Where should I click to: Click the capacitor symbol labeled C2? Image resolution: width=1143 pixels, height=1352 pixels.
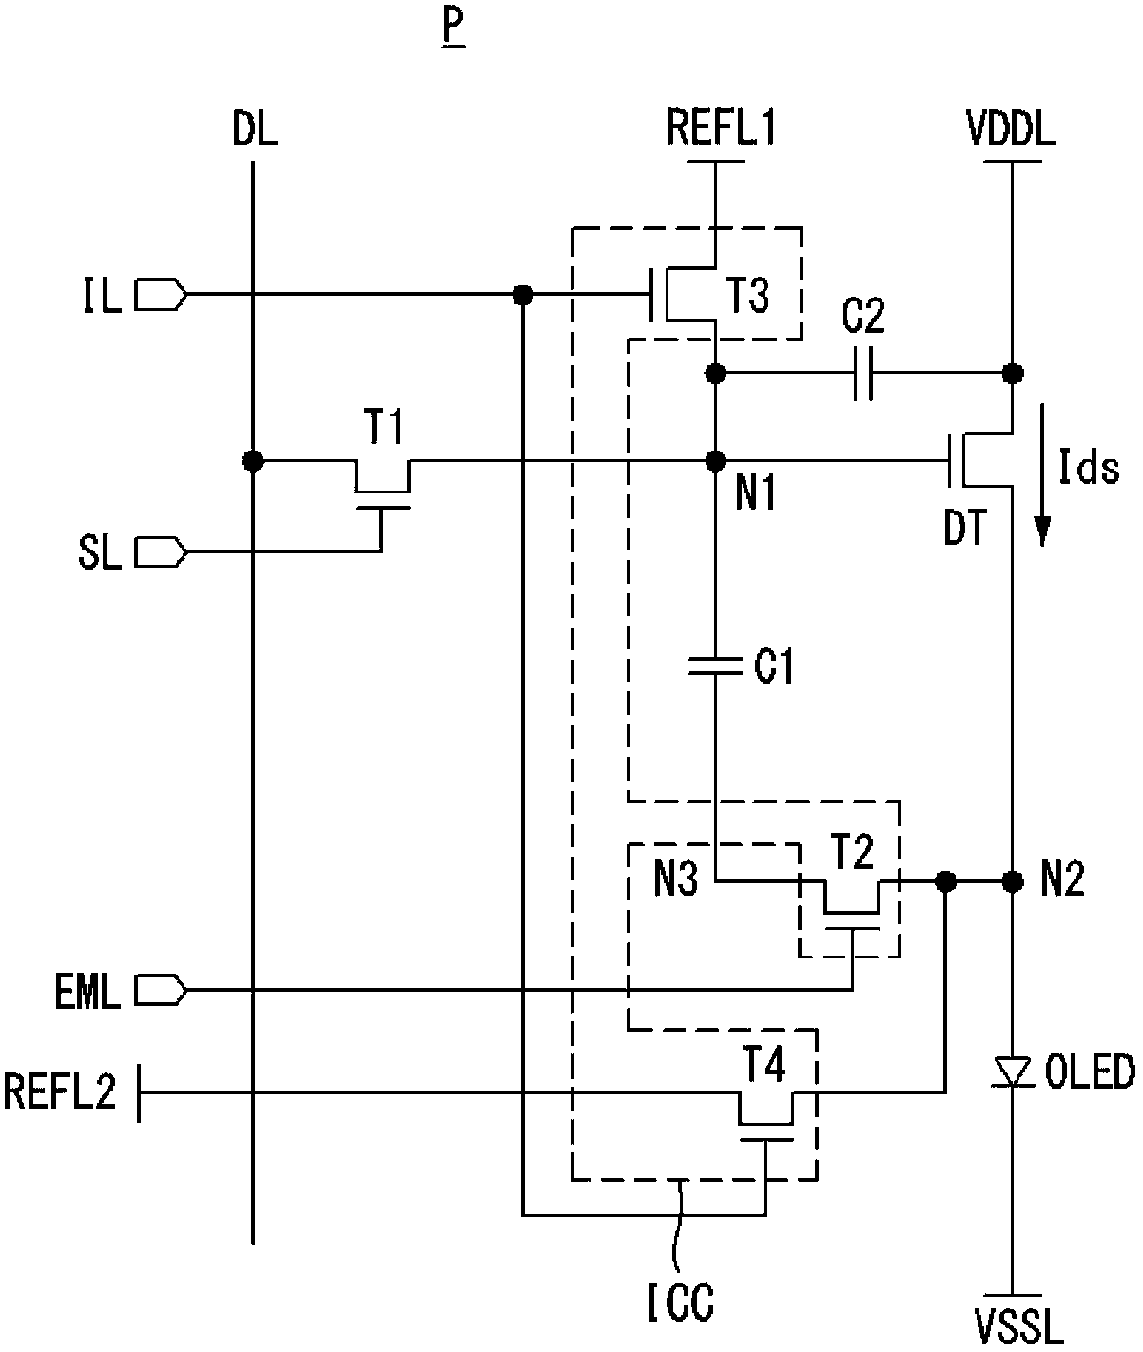coord(863,374)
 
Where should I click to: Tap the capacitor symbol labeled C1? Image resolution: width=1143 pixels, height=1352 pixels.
coord(716,666)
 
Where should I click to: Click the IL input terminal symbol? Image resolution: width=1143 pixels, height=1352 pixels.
coord(161,295)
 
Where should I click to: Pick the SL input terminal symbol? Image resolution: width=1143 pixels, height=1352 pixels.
coord(161,552)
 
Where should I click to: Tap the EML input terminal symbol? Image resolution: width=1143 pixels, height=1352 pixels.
coord(161,991)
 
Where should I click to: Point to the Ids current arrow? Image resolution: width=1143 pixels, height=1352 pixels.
coord(1042,474)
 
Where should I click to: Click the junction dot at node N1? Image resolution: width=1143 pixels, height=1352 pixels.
coord(716,461)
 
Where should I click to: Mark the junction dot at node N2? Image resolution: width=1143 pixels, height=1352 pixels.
coord(1013,882)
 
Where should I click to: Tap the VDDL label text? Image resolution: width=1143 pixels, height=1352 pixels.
coord(1011,128)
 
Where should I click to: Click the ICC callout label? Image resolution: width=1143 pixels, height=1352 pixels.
coord(681,1303)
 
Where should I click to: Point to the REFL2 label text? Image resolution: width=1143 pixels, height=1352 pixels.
coord(60,1091)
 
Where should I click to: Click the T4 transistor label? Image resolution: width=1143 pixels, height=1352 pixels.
coord(765,1064)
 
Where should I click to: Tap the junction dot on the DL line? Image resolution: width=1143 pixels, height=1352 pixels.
coord(253,461)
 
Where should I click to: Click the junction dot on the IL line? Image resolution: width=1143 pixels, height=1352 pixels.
coord(522,295)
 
